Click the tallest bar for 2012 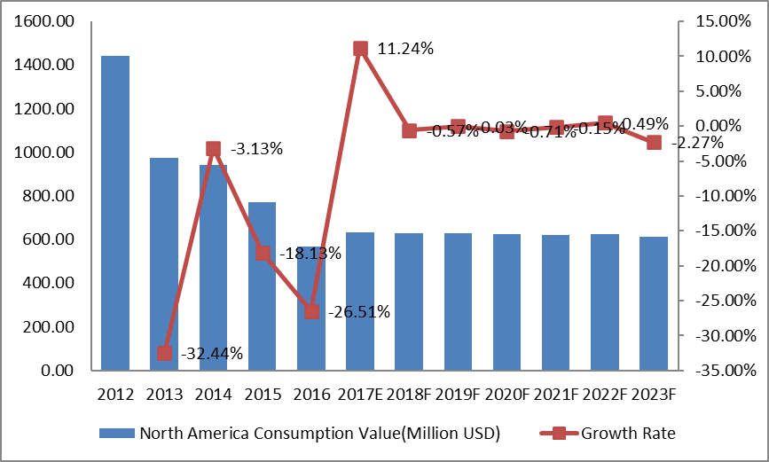click(x=115, y=213)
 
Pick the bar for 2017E click(x=360, y=301)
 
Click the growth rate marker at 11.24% click(x=360, y=49)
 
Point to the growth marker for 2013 click(x=164, y=354)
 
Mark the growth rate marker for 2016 click(x=311, y=311)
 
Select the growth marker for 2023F click(x=654, y=142)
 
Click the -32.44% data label click(x=212, y=354)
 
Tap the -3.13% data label click(x=256, y=149)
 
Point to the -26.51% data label click(x=358, y=312)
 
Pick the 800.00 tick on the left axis click(x=50, y=196)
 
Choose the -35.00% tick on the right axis click(x=716, y=371)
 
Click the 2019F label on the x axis click(x=458, y=394)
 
